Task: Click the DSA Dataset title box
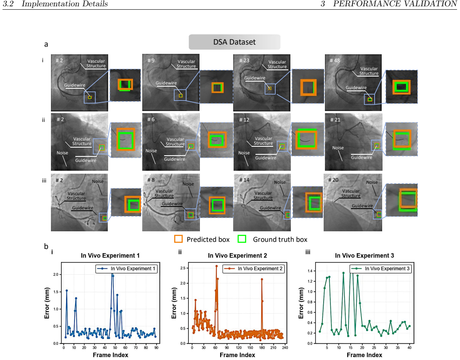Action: click(234, 42)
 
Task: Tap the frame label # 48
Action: click(335, 61)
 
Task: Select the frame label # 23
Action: click(244, 61)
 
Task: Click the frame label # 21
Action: click(335, 119)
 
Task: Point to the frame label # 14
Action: click(244, 180)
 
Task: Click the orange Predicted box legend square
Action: click(178, 239)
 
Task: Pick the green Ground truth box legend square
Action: click(242, 239)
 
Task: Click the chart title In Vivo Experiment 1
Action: click(110, 256)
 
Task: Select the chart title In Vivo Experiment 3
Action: click(364, 256)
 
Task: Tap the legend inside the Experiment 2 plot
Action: click(253, 269)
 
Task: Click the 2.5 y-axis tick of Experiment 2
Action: click(183, 268)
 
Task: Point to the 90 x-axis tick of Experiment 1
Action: click(156, 348)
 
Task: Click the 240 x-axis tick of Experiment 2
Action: click(285, 348)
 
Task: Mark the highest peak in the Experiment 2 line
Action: click(216, 266)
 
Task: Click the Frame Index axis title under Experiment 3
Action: click(364, 355)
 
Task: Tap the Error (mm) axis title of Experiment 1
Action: click(47, 303)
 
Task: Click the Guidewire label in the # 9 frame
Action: click(166, 83)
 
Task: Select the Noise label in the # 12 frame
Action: click(244, 153)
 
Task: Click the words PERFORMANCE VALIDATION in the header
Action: click(395, 4)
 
